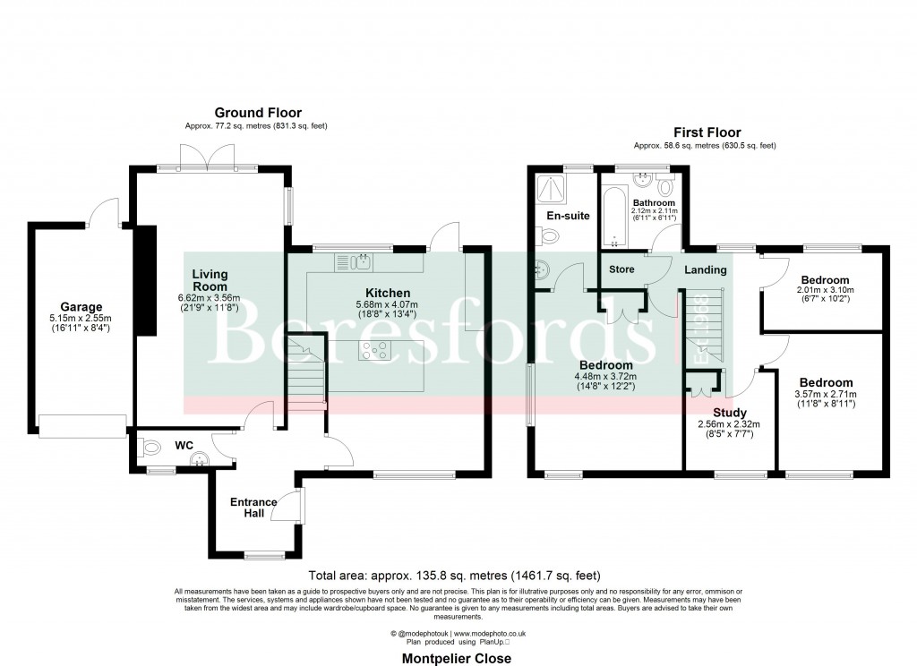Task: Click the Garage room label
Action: point(81,306)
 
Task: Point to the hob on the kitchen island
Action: point(374,351)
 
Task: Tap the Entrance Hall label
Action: point(253,508)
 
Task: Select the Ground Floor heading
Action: point(257,113)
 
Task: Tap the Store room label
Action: point(621,269)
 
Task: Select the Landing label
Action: point(706,269)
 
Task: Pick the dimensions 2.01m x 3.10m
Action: point(825,290)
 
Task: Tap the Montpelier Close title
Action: point(457,658)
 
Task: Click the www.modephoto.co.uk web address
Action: point(490,633)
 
